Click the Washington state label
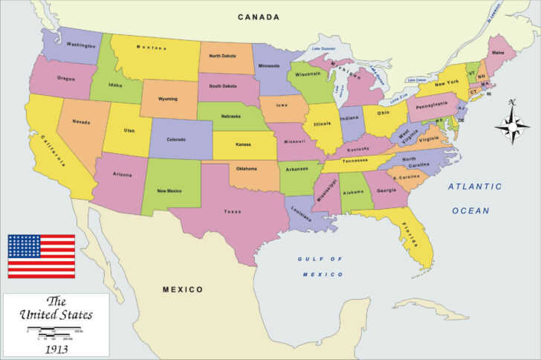pos(80,45)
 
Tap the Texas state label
pos(233,211)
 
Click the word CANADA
pos(259,17)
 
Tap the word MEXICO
pos(183,289)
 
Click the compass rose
pos(511,122)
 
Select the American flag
pos(42,256)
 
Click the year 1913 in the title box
pos(56,348)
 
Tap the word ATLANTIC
pos(474,187)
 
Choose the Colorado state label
pos(176,138)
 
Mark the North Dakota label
pos(224,56)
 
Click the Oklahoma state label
pos(246,168)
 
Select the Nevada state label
pos(81,122)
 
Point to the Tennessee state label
pos(354,160)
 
